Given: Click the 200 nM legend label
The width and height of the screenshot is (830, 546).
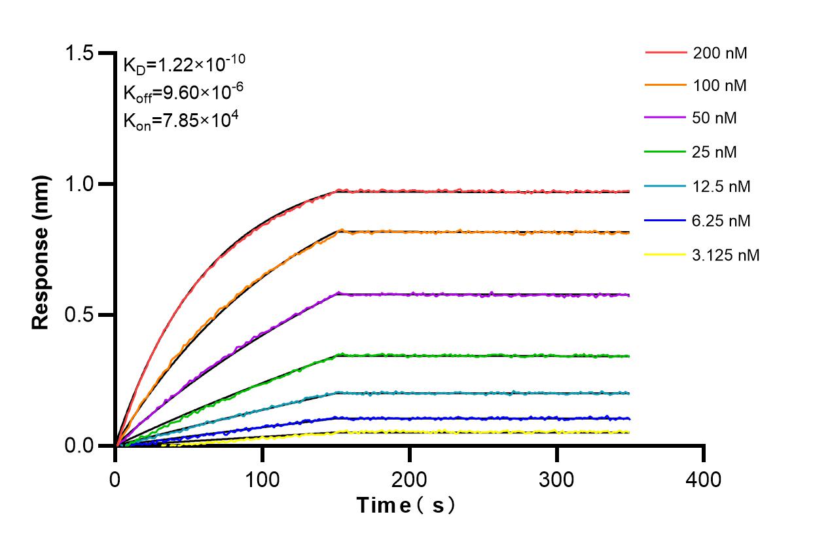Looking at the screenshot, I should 720,53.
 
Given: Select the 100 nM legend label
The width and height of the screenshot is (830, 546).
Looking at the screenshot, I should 720,85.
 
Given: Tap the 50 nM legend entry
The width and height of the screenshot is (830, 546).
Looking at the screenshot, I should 715,118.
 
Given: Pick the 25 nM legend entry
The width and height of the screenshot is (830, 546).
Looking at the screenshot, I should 715,153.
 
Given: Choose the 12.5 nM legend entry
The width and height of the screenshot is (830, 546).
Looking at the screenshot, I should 721,187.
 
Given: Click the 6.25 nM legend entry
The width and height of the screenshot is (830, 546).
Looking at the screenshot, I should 721,221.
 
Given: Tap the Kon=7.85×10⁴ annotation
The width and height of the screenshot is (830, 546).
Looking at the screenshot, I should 176,120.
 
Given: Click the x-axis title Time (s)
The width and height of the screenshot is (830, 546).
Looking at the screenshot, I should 405,505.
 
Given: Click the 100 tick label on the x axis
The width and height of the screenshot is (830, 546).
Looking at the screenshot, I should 262,480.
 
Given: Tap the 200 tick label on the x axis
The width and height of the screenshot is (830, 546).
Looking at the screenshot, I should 410,480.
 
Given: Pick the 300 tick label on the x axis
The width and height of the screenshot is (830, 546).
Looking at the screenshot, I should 557,480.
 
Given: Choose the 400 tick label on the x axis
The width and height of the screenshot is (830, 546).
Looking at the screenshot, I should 704,480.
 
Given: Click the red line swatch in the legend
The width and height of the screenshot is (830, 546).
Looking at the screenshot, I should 666,52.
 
